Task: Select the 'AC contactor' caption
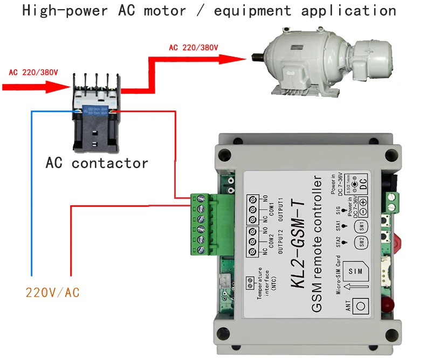[x=97, y=162]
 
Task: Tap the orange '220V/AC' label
[x=53, y=293]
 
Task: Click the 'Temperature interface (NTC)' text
[x=266, y=280]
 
